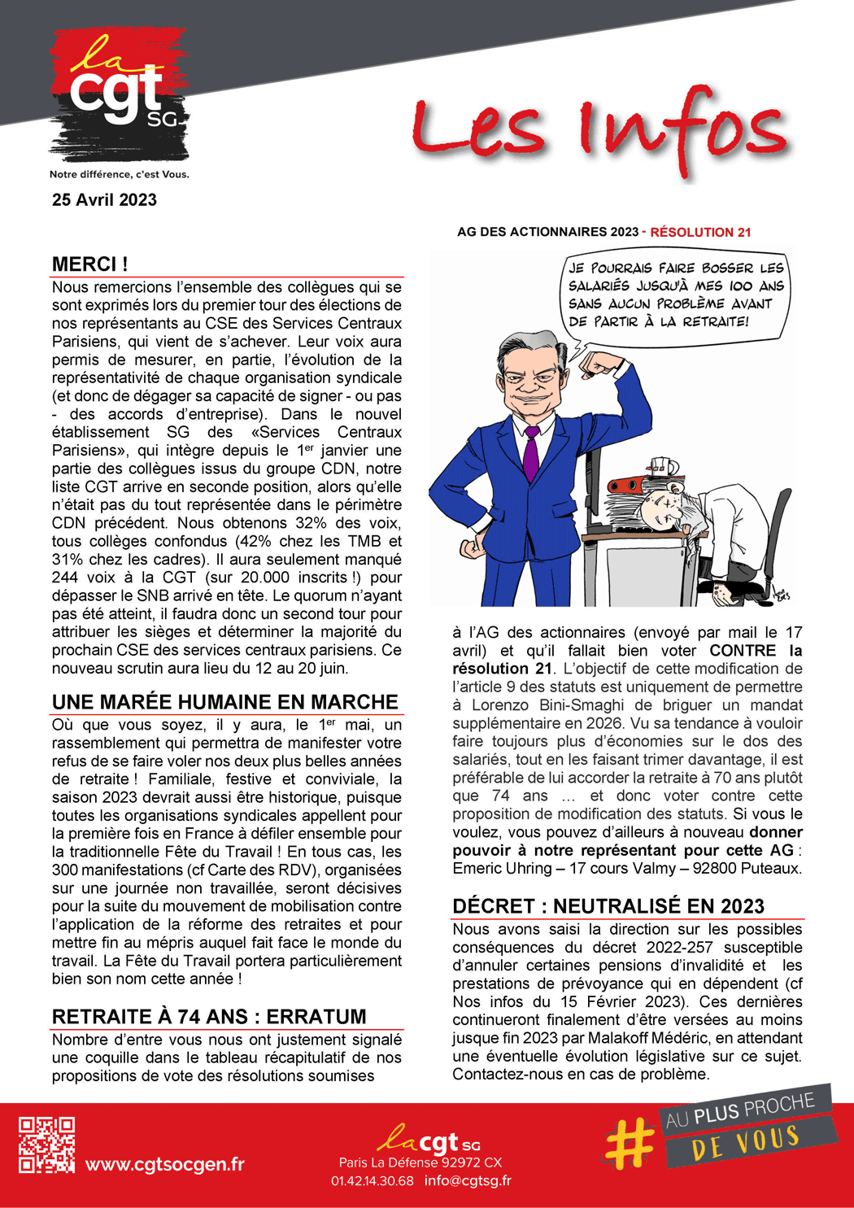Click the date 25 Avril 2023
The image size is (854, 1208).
click(104, 200)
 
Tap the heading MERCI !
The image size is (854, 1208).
click(89, 264)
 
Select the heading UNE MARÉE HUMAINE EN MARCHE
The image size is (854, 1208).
click(225, 702)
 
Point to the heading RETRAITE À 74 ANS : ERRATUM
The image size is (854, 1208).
click(209, 1017)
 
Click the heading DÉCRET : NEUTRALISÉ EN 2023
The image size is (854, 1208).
click(608, 906)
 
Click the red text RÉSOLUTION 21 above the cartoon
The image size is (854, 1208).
click(700, 233)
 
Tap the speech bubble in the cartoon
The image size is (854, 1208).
click(675, 294)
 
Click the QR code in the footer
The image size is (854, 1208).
click(47, 1145)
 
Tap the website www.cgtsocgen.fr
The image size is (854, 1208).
click(165, 1164)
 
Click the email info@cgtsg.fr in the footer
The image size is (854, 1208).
click(468, 1180)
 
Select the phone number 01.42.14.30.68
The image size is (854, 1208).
click(372, 1180)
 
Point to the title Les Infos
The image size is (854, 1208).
click(599, 130)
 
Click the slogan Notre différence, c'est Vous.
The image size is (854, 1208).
click(119, 174)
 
